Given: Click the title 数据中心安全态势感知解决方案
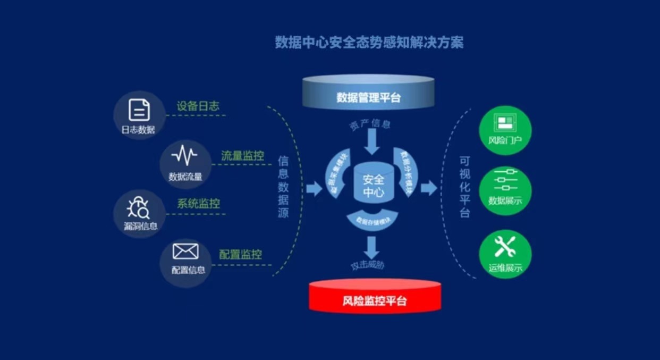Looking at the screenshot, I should (369, 42).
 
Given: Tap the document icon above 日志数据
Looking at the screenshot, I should (139, 110).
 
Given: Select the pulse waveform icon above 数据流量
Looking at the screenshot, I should (184, 156).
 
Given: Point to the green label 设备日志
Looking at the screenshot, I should (198, 106).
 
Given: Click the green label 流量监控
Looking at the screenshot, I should (242, 156).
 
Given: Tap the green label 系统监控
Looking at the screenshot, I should (198, 204).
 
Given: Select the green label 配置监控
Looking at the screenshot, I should (240, 254).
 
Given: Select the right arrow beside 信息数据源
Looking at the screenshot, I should (314, 188).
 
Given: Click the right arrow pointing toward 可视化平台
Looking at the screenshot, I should (428, 188).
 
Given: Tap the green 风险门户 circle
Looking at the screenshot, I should (505, 130).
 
